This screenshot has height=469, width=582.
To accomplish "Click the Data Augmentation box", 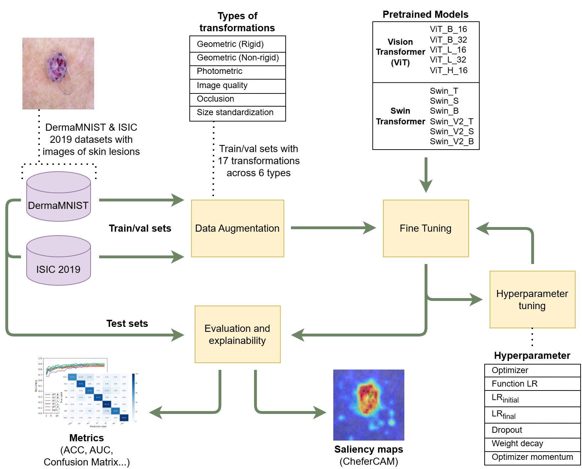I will (x=237, y=228).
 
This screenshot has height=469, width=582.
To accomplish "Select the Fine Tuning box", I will (x=426, y=228).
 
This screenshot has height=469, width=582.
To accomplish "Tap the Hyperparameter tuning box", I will (x=532, y=300).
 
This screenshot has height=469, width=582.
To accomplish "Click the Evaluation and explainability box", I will (x=237, y=334).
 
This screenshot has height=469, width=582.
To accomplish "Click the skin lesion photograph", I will (x=58, y=74).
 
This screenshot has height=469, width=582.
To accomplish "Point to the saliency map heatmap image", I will (x=368, y=405).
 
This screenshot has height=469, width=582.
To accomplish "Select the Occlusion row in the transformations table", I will (x=237, y=99).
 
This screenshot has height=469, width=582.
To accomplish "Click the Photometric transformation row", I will (x=237, y=71).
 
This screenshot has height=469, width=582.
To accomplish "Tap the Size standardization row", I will (x=237, y=113).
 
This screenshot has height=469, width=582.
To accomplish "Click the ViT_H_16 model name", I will (x=448, y=70).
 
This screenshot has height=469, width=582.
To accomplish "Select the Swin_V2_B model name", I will (x=452, y=141).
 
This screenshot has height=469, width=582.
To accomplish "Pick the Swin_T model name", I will (x=444, y=91).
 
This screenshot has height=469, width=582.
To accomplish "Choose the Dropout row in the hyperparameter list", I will (x=532, y=430).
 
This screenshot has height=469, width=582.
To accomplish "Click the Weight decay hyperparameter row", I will (x=532, y=444).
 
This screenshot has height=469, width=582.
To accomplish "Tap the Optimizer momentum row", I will (x=532, y=457).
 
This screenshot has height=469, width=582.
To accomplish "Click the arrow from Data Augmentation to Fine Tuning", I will (x=333, y=228).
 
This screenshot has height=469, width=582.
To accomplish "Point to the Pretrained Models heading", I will (x=425, y=15).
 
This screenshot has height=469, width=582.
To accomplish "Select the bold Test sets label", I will (x=127, y=324).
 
